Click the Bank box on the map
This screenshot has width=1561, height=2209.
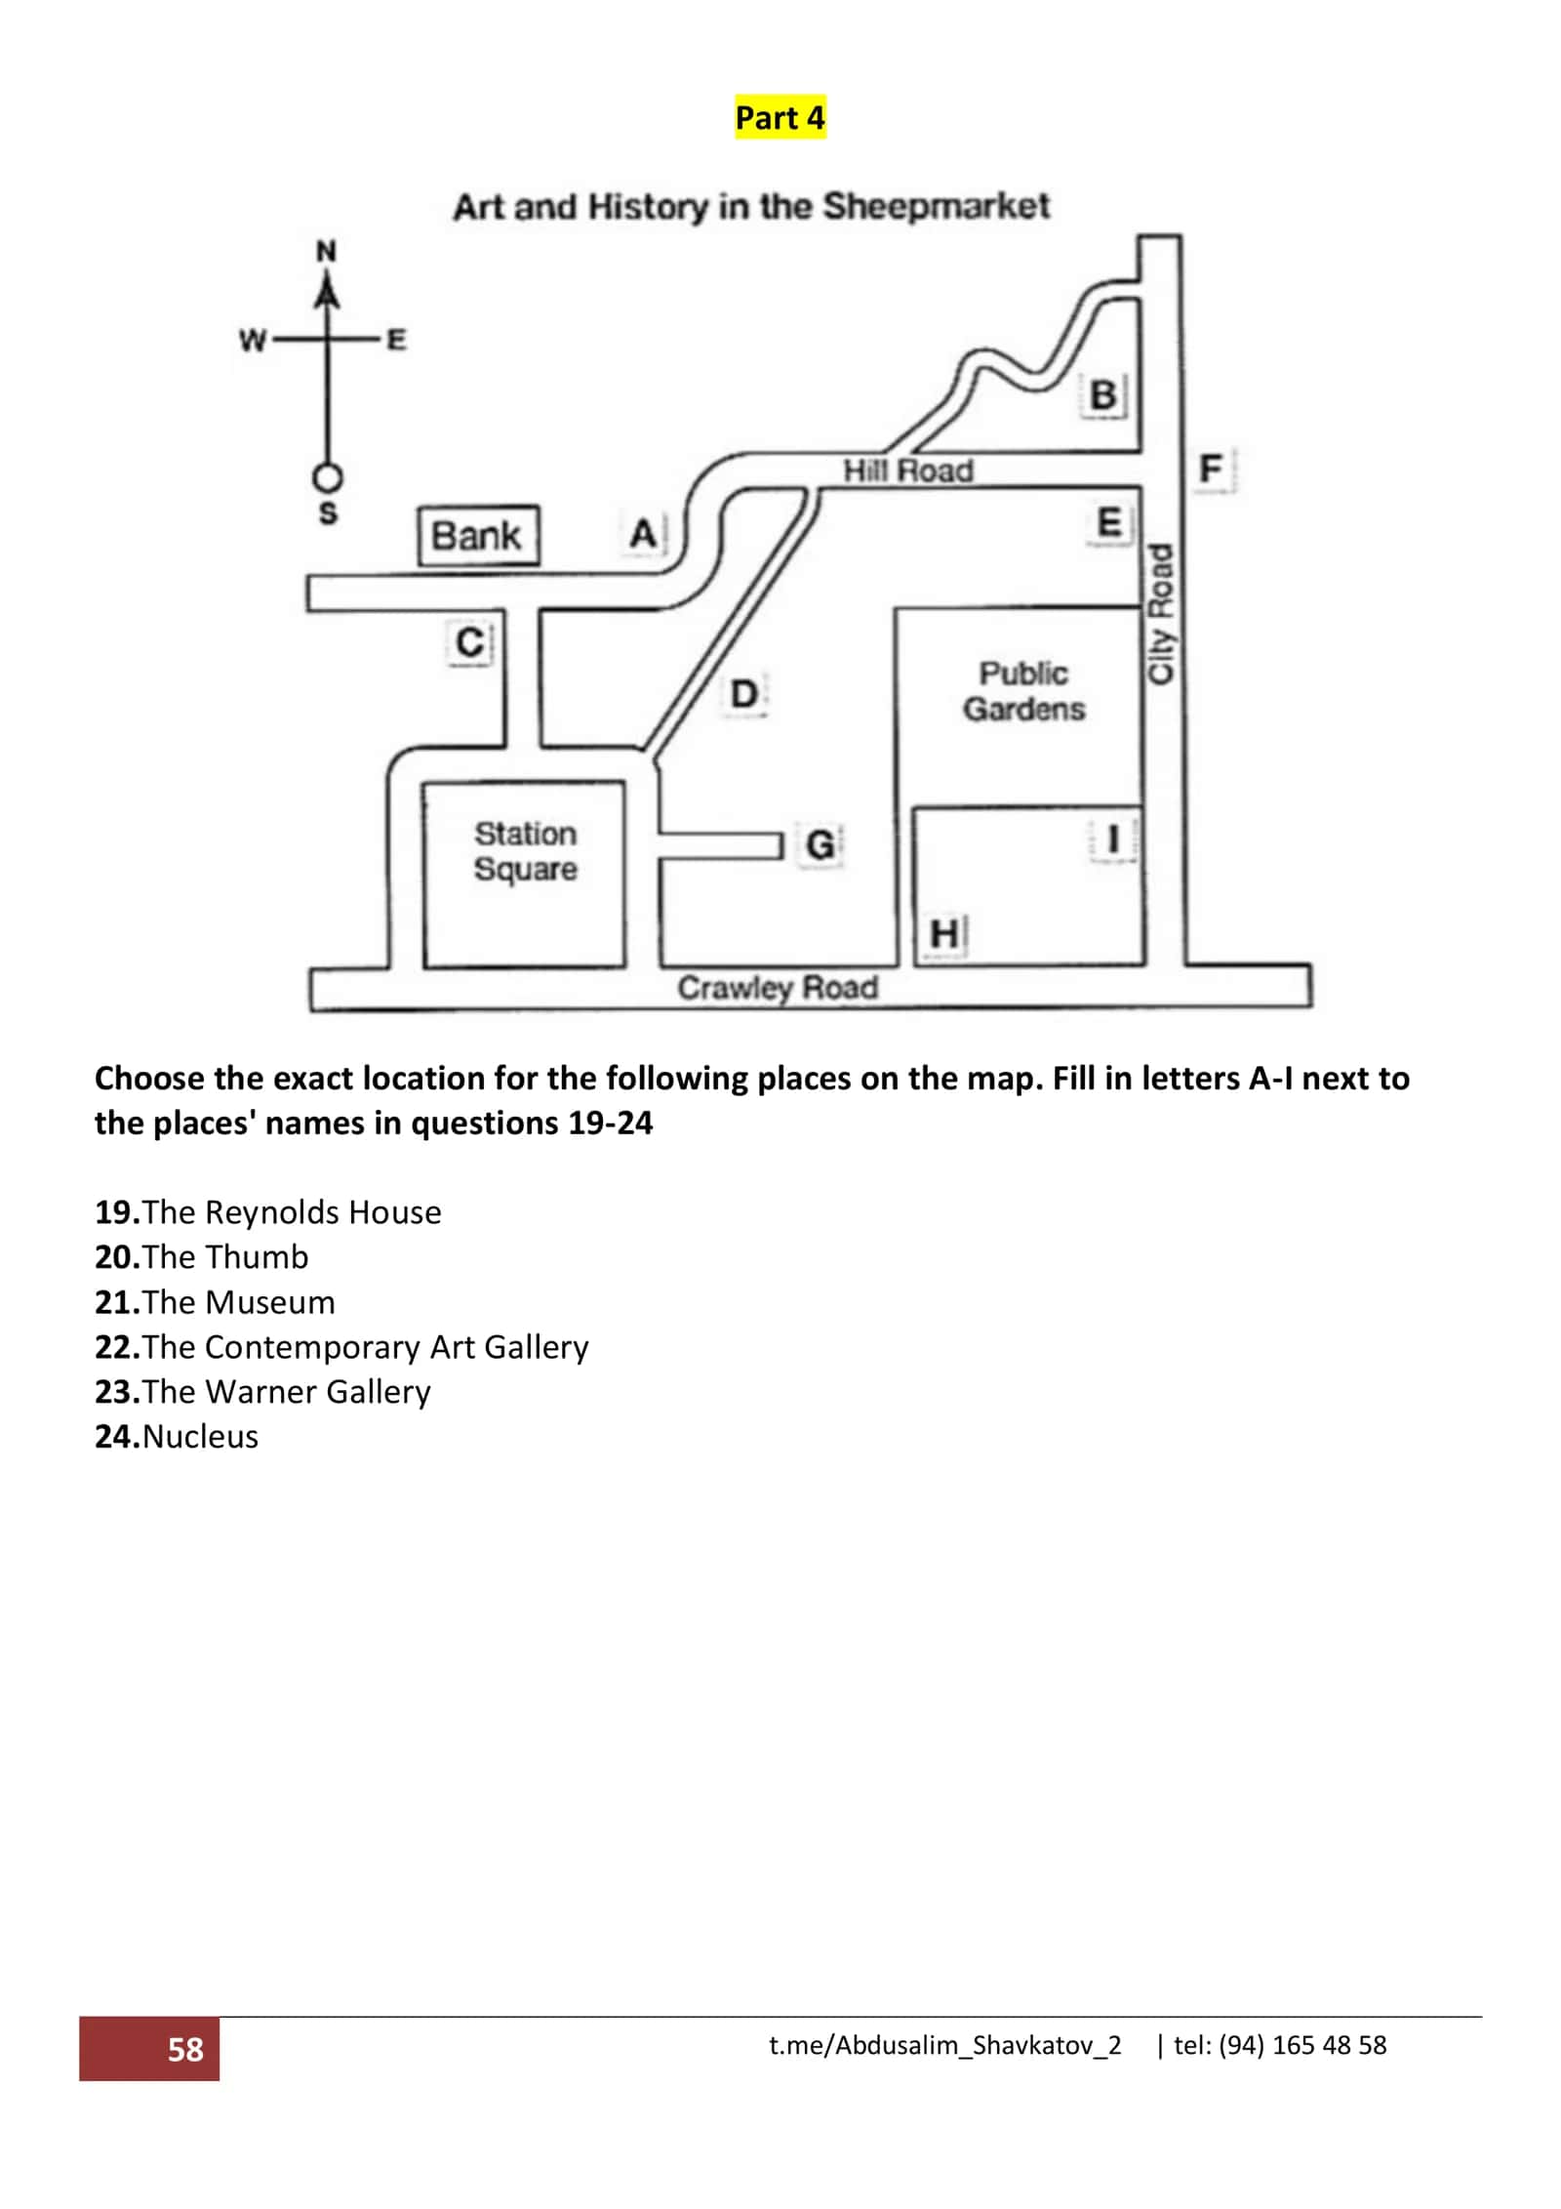(478, 535)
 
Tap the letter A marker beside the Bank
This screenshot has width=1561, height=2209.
(643, 534)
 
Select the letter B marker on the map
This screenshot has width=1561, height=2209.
(1103, 395)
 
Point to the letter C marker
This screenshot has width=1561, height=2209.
(470, 642)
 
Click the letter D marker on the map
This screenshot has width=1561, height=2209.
(743, 694)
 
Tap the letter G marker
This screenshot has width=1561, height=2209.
(820, 844)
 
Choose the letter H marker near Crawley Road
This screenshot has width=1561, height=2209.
(944, 934)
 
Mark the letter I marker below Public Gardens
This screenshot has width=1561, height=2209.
(1111, 839)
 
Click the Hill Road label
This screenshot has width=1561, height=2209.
(908, 471)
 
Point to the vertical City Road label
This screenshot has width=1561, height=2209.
(1159, 614)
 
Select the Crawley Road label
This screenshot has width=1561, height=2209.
(778, 988)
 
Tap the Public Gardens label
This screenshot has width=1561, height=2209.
(1023, 691)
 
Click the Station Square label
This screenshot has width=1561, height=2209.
(525, 851)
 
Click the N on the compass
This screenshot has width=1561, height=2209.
(327, 252)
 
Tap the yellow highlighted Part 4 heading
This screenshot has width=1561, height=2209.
(780, 118)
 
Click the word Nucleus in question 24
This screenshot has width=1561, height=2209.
(200, 1437)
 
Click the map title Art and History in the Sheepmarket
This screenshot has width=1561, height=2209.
(751, 207)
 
